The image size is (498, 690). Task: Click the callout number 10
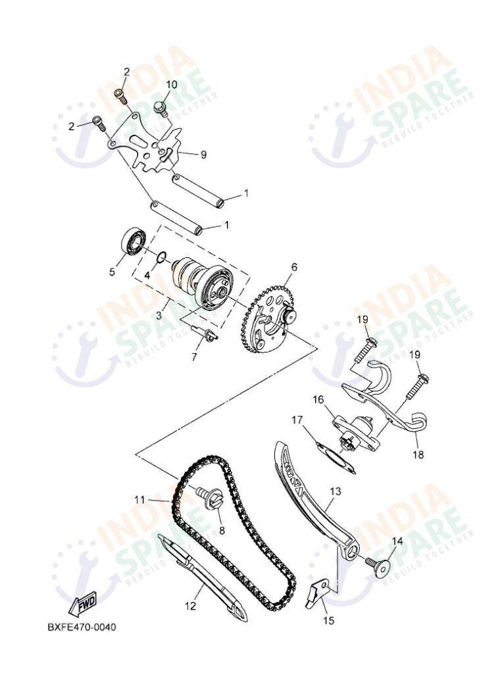coord(171,84)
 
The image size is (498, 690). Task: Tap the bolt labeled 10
coord(159,107)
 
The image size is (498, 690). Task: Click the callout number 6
coord(294,267)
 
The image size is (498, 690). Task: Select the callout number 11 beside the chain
coord(139,499)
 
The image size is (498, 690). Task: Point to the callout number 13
coord(336,491)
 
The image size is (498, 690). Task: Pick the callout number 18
coord(418,455)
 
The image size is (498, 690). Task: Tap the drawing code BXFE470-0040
coord(82,627)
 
